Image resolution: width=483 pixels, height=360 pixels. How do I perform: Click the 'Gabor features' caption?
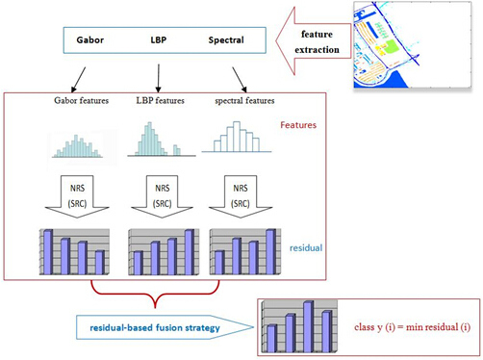(x=82, y=101)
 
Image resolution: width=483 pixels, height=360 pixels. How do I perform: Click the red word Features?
(x=299, y=125)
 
